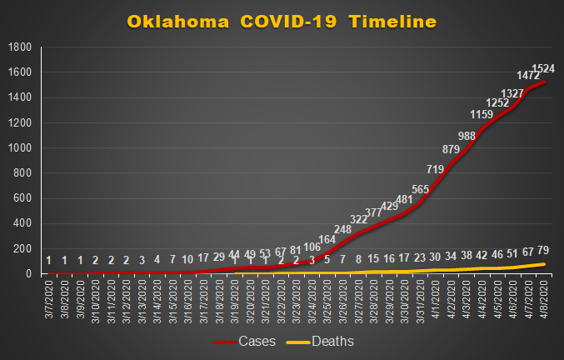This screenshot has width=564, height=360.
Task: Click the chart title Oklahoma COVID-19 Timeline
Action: pos(282,21)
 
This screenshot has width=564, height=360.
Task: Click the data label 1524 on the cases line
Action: pos(543,67)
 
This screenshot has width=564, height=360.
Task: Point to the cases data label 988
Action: pos(466,136)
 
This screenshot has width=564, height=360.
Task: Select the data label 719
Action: pos(435,170)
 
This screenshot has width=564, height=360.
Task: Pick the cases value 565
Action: pos(420,190)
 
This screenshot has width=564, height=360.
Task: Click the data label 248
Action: pos(342,229)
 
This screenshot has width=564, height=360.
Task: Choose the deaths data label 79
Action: pos(544,251)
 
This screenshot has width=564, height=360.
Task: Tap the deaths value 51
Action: pos(512,253)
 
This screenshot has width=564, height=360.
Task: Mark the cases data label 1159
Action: pos(482,114)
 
